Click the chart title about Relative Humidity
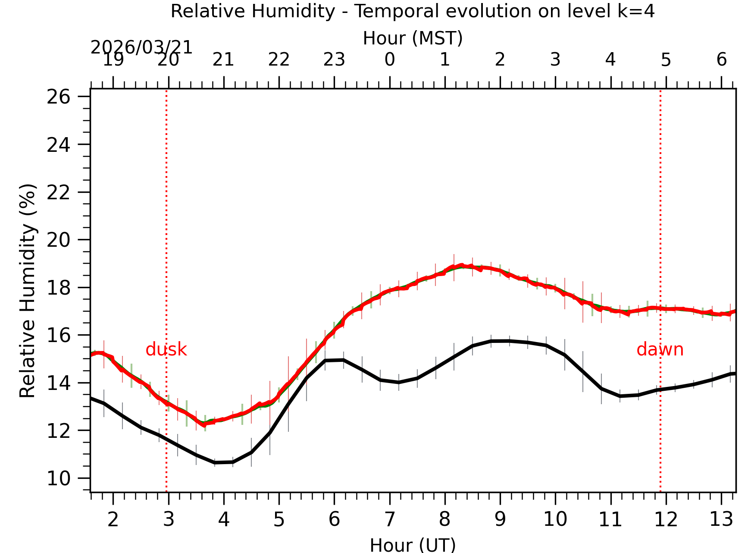click(x=413, y=11)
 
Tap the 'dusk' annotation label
click(x=166, y=349)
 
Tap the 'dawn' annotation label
click(x=660, y=349)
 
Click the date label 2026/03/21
click(x=141, y=47)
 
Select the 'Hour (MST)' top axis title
click(x=413, y=38)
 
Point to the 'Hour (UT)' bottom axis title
click(x=413, y=545)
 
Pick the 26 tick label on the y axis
click(x=58, y=97)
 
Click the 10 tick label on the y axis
click(x=58, y=478)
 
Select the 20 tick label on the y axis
click(x=58, y=240)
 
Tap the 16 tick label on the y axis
click(x=58, y=336)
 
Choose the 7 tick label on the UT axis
click(x=390, y=519)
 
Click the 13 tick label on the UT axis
click(x=721, y=519)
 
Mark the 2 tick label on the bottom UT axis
click(x=113, y=519)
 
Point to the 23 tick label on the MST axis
click(x=334, y=60)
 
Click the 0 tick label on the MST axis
click(x=390, y=60)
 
